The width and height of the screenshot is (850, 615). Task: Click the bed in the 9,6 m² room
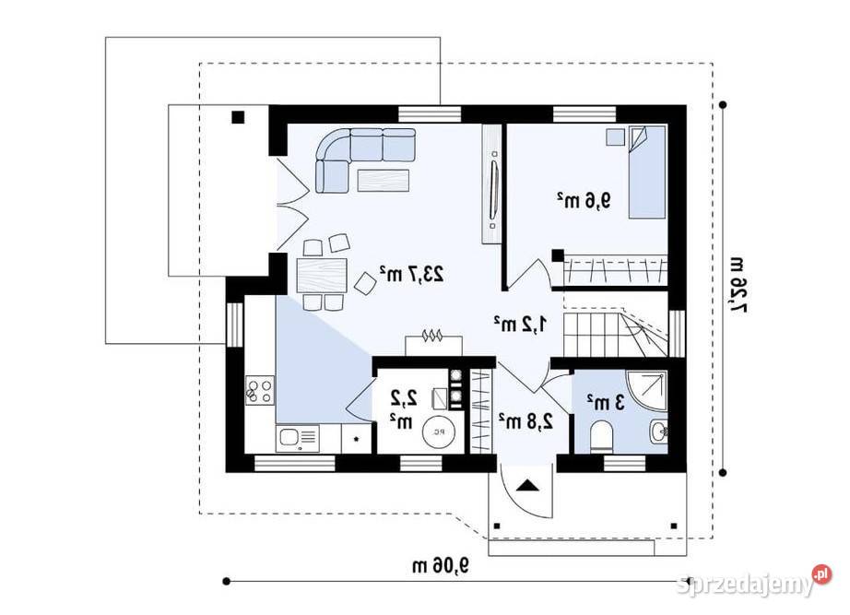[x=646, y=173]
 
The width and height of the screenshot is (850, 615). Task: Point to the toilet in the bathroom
[x=601, y=432]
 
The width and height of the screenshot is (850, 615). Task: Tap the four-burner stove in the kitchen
[x=259, y=391]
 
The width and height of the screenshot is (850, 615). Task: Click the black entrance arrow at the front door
[x=527, y=485]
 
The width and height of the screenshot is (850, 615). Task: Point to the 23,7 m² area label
[x=412, y=273]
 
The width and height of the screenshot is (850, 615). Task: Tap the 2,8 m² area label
[x=526, y=421]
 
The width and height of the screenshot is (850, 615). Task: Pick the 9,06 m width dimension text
[x=441, y=563]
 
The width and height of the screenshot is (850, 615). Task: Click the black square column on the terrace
[x=238, y=117]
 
